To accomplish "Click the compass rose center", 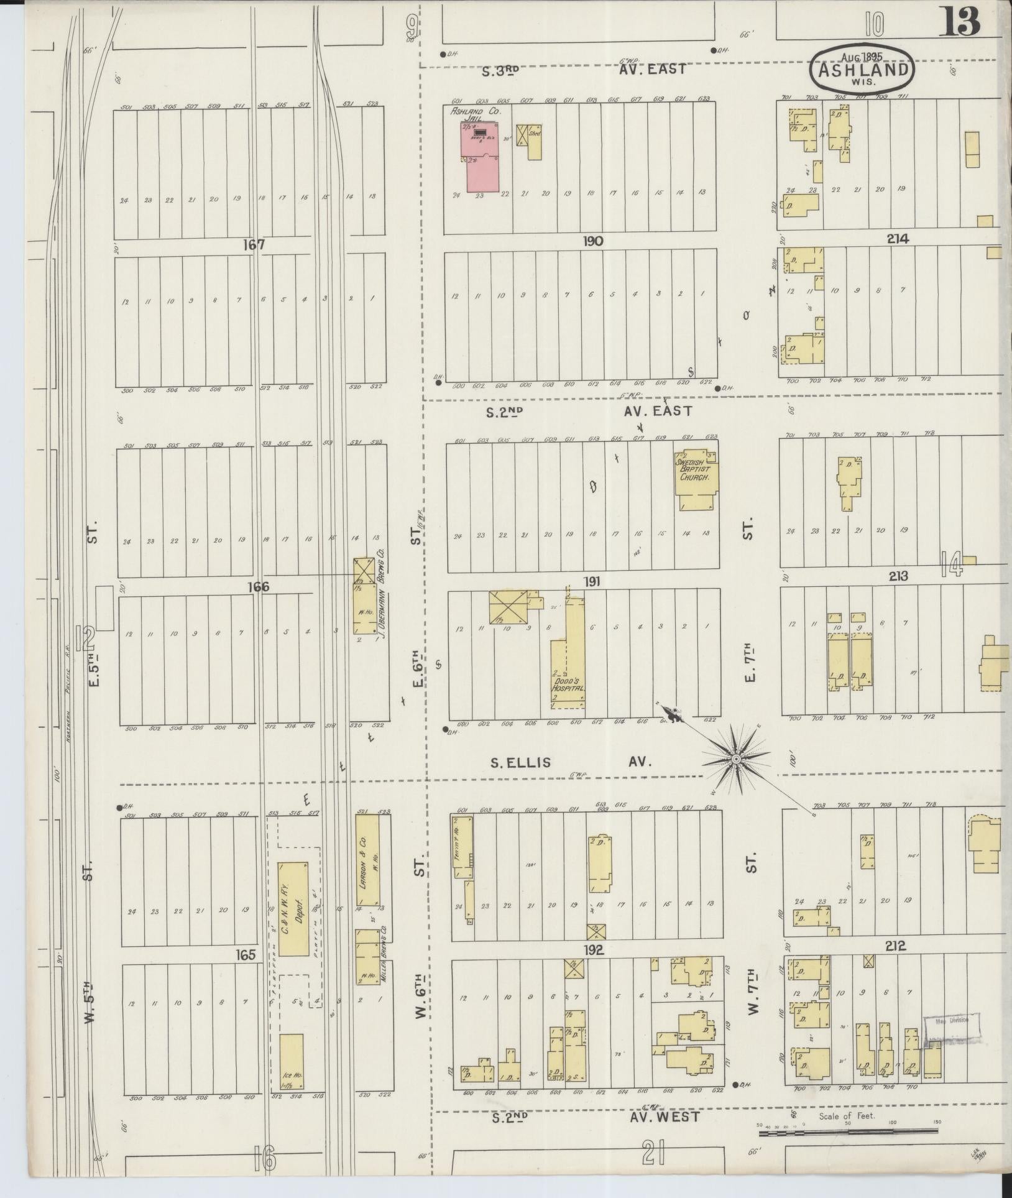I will [x=735, y=759].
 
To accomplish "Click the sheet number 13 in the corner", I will [x=960, y=22].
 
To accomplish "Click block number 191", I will [x=594, y=582].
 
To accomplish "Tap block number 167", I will [x=254, y=244].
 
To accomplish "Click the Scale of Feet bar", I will [x=848, y=1133].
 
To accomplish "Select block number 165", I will [x=246, y=954].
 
